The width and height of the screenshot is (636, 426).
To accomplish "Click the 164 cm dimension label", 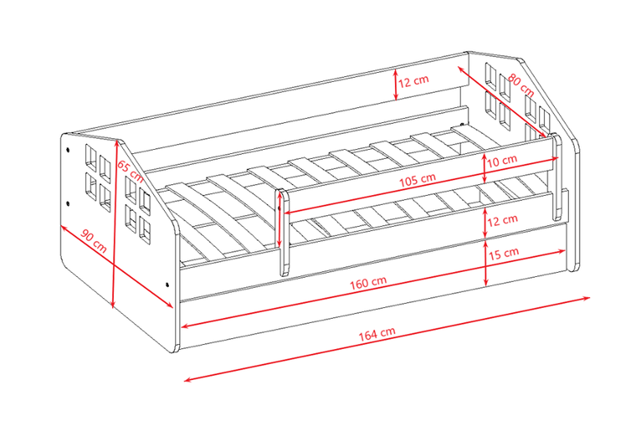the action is pos(377,333).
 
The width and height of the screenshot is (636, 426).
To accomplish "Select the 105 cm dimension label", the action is pos(418,180).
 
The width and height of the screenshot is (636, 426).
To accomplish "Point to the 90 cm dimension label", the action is pos(94,240).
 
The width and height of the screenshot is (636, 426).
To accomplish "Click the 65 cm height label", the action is pos(131,171).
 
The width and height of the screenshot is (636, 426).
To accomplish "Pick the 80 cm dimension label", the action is pos(521,85).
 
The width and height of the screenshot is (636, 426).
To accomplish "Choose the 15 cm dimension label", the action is pos(504,254).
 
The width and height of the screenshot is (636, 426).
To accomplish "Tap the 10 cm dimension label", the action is pos(502,161).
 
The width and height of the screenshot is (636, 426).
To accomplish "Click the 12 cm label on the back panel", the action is pos(413,80).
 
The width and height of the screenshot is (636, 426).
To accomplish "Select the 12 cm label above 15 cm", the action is pos(503,221).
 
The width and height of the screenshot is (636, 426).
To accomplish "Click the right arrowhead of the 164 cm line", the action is pos(587,298).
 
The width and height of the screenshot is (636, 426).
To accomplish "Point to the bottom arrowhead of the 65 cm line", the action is pos(113,305).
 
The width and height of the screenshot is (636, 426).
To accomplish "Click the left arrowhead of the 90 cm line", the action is pos(64,228).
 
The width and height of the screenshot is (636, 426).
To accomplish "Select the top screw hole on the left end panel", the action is pos(68,150).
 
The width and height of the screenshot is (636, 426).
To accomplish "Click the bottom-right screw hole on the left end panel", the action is pos(167,284).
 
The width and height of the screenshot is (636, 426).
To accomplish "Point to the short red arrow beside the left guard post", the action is pos(279,218).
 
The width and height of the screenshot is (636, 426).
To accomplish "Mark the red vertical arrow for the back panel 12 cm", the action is pos(396,85).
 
